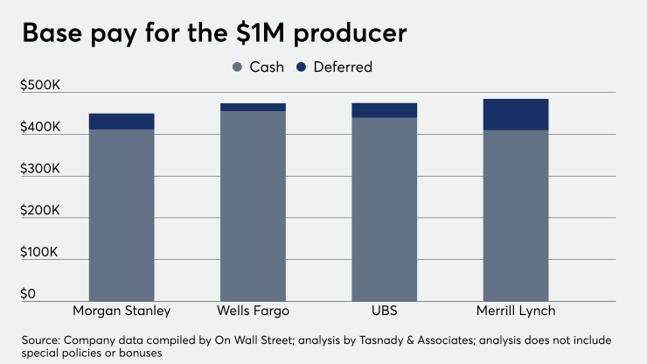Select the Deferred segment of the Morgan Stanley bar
(122, 122)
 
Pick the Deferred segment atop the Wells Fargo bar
(253, 107)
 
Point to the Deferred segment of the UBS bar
(384, 110)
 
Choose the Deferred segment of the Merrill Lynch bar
(515, 115)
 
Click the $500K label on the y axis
(40, 85)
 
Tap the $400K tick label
(40, 128)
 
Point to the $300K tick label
(40, 169)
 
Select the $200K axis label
(40, 211)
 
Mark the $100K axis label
(40, 253)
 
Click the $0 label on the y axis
(29, 294)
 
